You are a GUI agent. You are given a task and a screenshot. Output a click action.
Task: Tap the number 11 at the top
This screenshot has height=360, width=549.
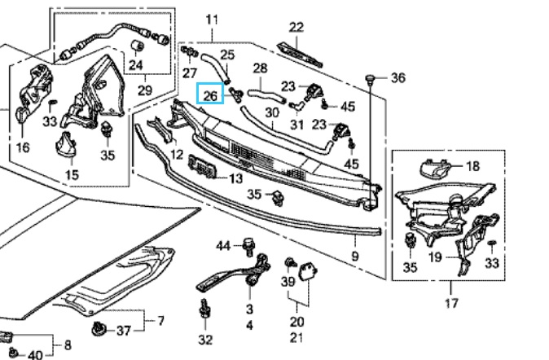tap(213, 19)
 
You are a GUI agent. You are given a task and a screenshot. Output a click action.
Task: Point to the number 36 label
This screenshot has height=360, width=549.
tap(397, 78)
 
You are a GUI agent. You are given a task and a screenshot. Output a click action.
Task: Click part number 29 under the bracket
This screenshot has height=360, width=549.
tap(147, 89)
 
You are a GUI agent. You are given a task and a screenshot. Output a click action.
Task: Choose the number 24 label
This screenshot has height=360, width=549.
tap(136, 65)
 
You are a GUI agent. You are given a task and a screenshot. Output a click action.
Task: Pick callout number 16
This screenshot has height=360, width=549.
tap(22, 147)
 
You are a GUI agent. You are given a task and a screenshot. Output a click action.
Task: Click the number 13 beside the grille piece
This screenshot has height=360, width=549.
tap(235, 178)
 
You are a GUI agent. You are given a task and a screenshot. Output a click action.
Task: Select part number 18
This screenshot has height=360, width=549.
tap(473, 166)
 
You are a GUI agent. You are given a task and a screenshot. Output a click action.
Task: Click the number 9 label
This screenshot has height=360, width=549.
tap(354, 256)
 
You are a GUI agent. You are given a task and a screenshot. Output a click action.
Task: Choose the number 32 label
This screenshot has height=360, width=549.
tap(205, 340)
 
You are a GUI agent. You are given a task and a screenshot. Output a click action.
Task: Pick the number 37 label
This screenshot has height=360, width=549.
tap(124, 330)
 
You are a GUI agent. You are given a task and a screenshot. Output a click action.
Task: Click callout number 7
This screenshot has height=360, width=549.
tap(160, 320)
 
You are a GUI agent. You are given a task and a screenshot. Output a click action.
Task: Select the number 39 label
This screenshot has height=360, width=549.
tap(288, 281)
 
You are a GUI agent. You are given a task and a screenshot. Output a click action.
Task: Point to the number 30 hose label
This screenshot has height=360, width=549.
tap(272, 112)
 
